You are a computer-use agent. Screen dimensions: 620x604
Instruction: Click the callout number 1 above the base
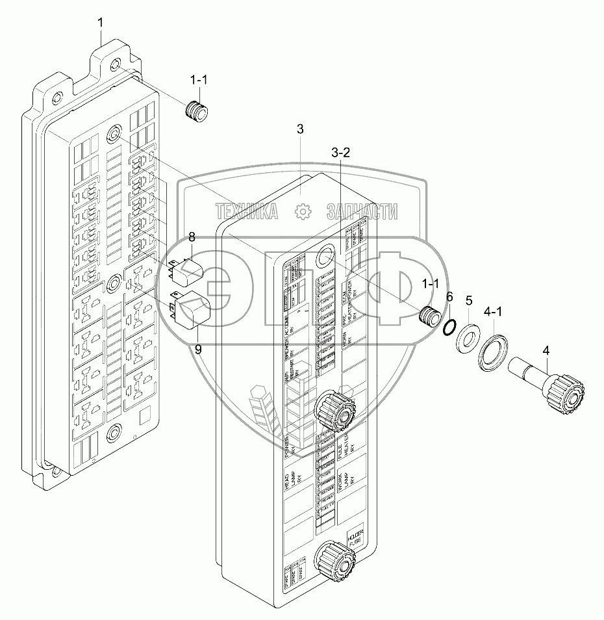point(100,23)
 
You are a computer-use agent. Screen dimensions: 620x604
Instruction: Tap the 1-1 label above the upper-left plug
point(199,80)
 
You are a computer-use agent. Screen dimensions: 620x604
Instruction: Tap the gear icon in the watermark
point(301,211)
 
